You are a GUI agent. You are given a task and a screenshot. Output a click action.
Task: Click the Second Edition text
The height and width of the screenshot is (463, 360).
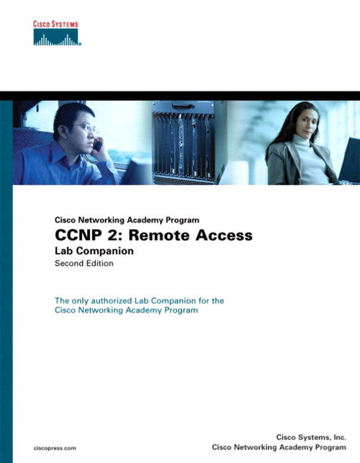coord(84,264)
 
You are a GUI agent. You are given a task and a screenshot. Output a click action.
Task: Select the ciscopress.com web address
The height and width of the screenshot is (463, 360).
coord(55,447)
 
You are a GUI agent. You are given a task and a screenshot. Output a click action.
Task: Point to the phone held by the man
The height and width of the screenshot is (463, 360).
coord(97,144)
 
